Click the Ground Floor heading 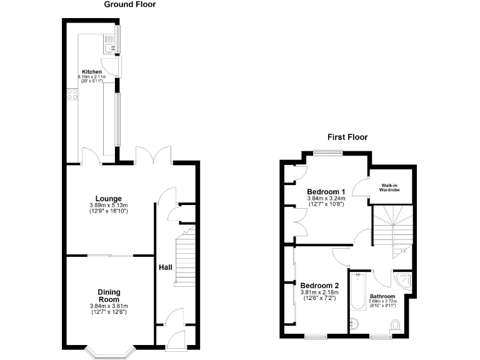(129, 4)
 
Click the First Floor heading (348, 137)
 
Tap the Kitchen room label (91, 72)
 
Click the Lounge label (109, 199)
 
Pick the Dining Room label (109, 296)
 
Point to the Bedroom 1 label (326, 191)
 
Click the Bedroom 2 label (319, 285)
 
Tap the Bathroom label (382, 296)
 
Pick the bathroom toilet (395, 324)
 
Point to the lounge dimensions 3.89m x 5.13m (109, 206)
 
